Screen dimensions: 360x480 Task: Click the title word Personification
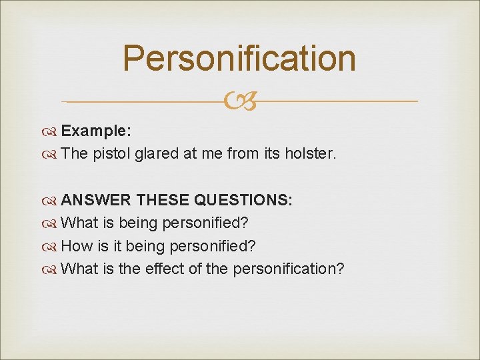[x=239, y=58]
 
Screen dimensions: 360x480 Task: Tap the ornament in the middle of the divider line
[x=239, y=102]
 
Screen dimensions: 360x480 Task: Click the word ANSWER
[x=94, y=201]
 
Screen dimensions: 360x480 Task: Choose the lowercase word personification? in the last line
[x=289, y=269]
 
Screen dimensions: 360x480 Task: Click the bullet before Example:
[x=52, y=131]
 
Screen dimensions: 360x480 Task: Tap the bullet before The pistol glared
[x=52, y=154]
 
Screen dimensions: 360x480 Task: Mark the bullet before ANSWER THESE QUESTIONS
[x=52, y=201]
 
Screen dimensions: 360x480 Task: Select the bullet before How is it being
[x=52, y=247]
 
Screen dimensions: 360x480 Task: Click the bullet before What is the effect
[x=52, y=269]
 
